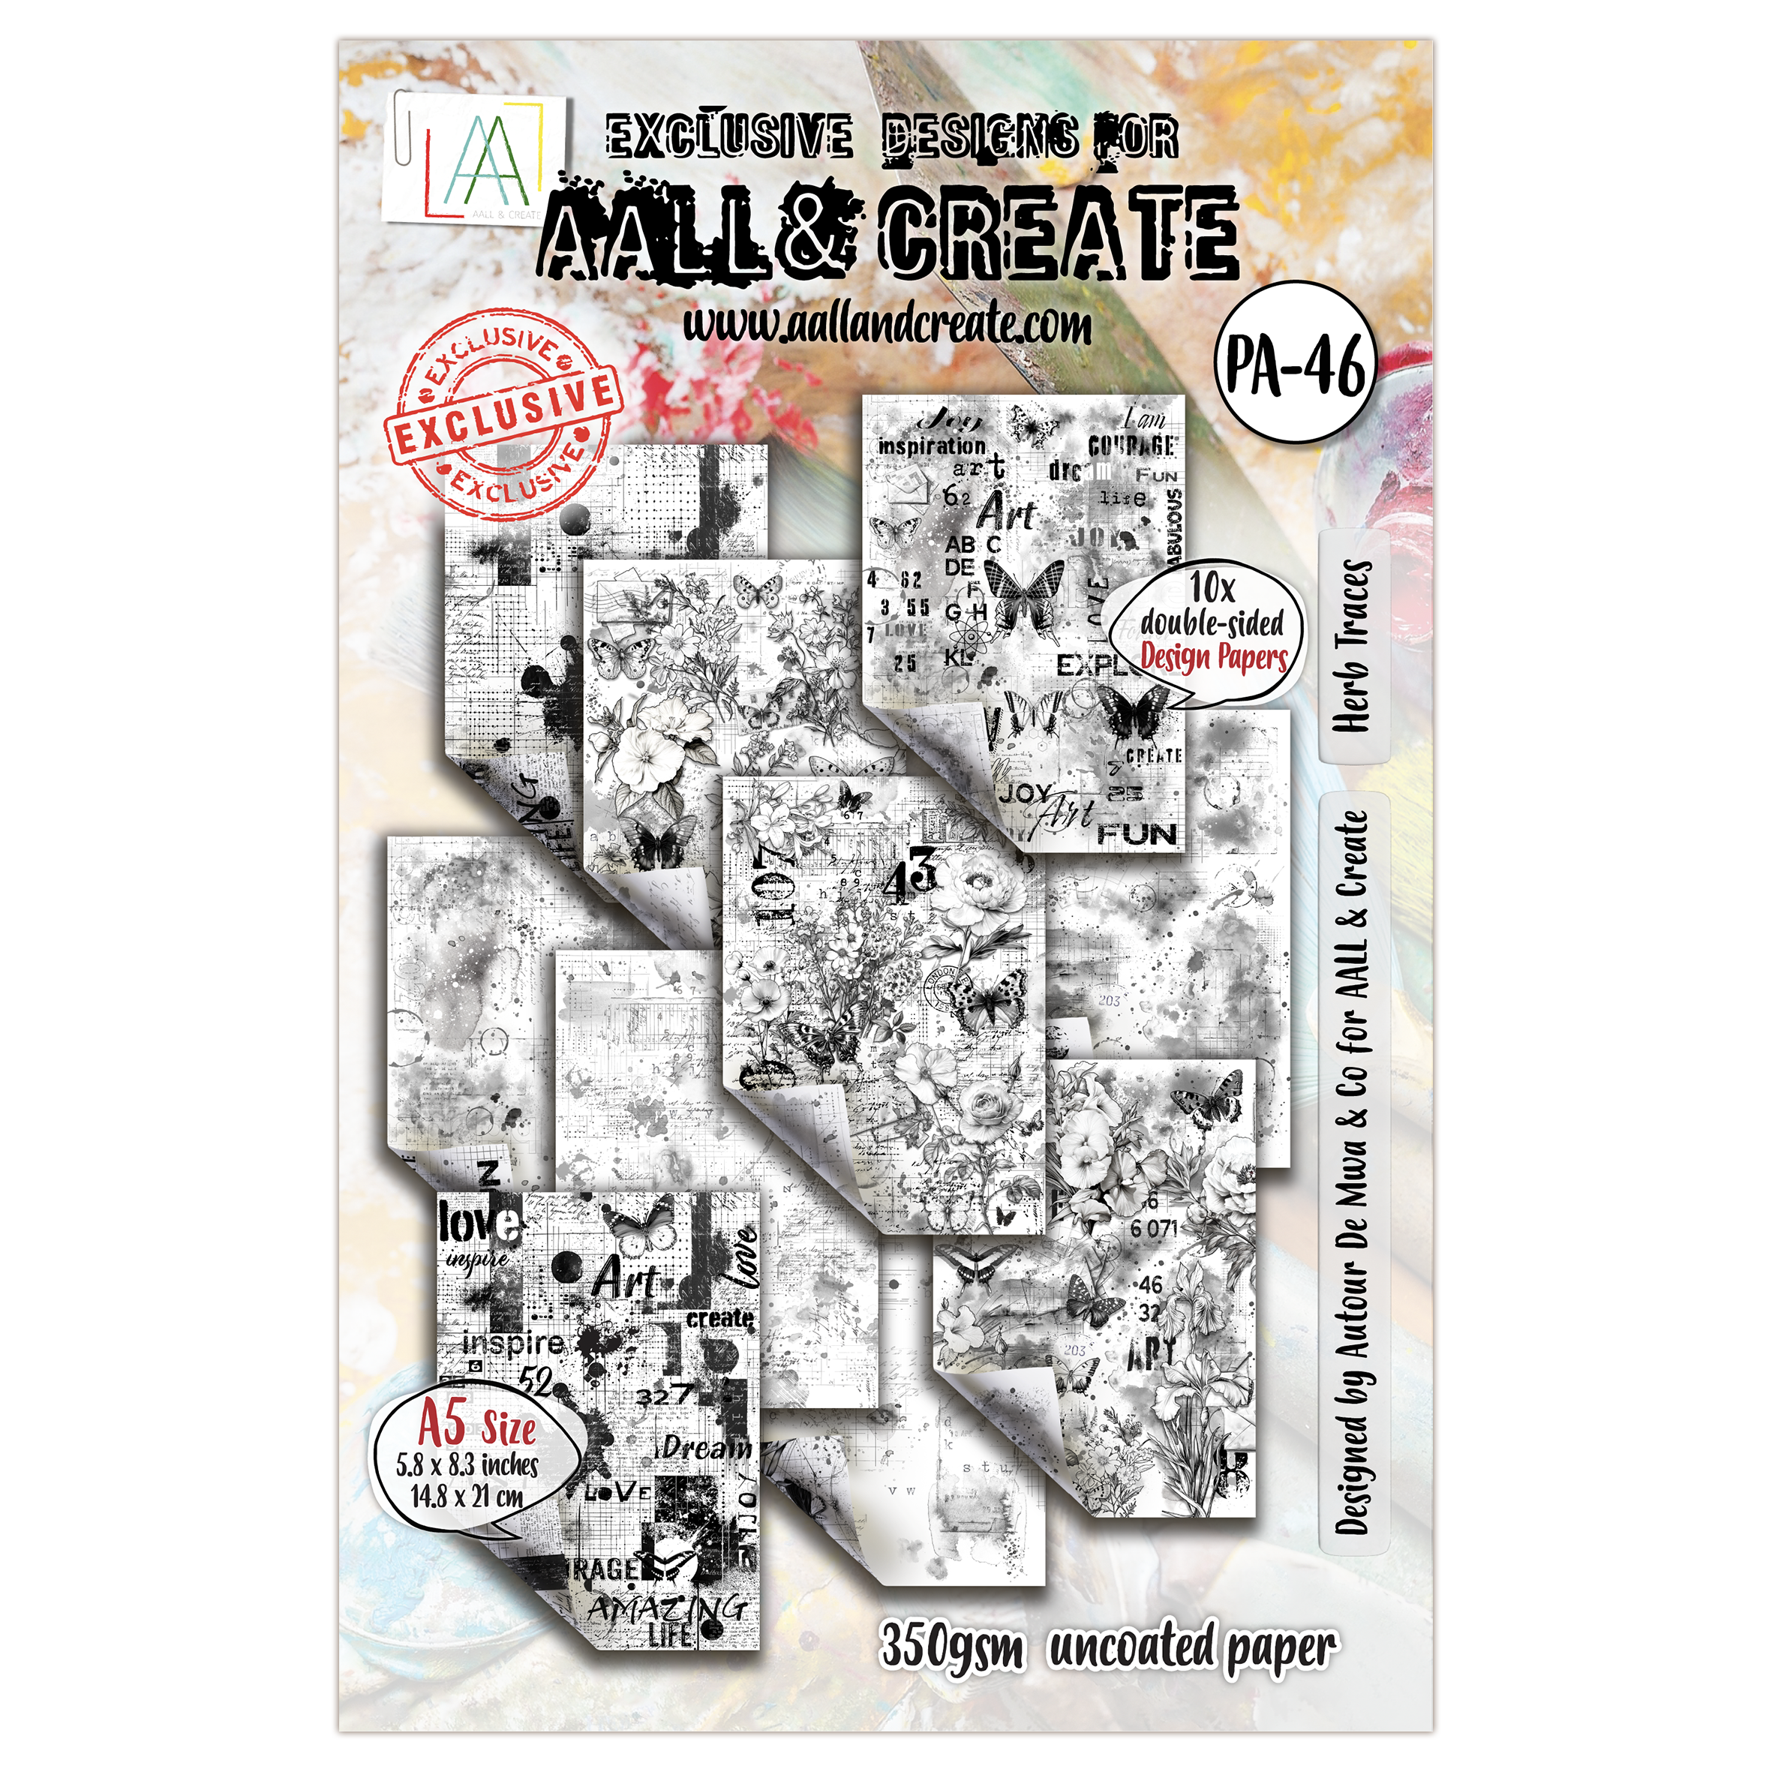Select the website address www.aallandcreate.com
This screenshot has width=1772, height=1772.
(888, 322)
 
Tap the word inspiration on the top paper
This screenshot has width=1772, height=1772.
(932, 446)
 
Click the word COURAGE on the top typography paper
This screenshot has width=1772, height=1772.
(1130, 445)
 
